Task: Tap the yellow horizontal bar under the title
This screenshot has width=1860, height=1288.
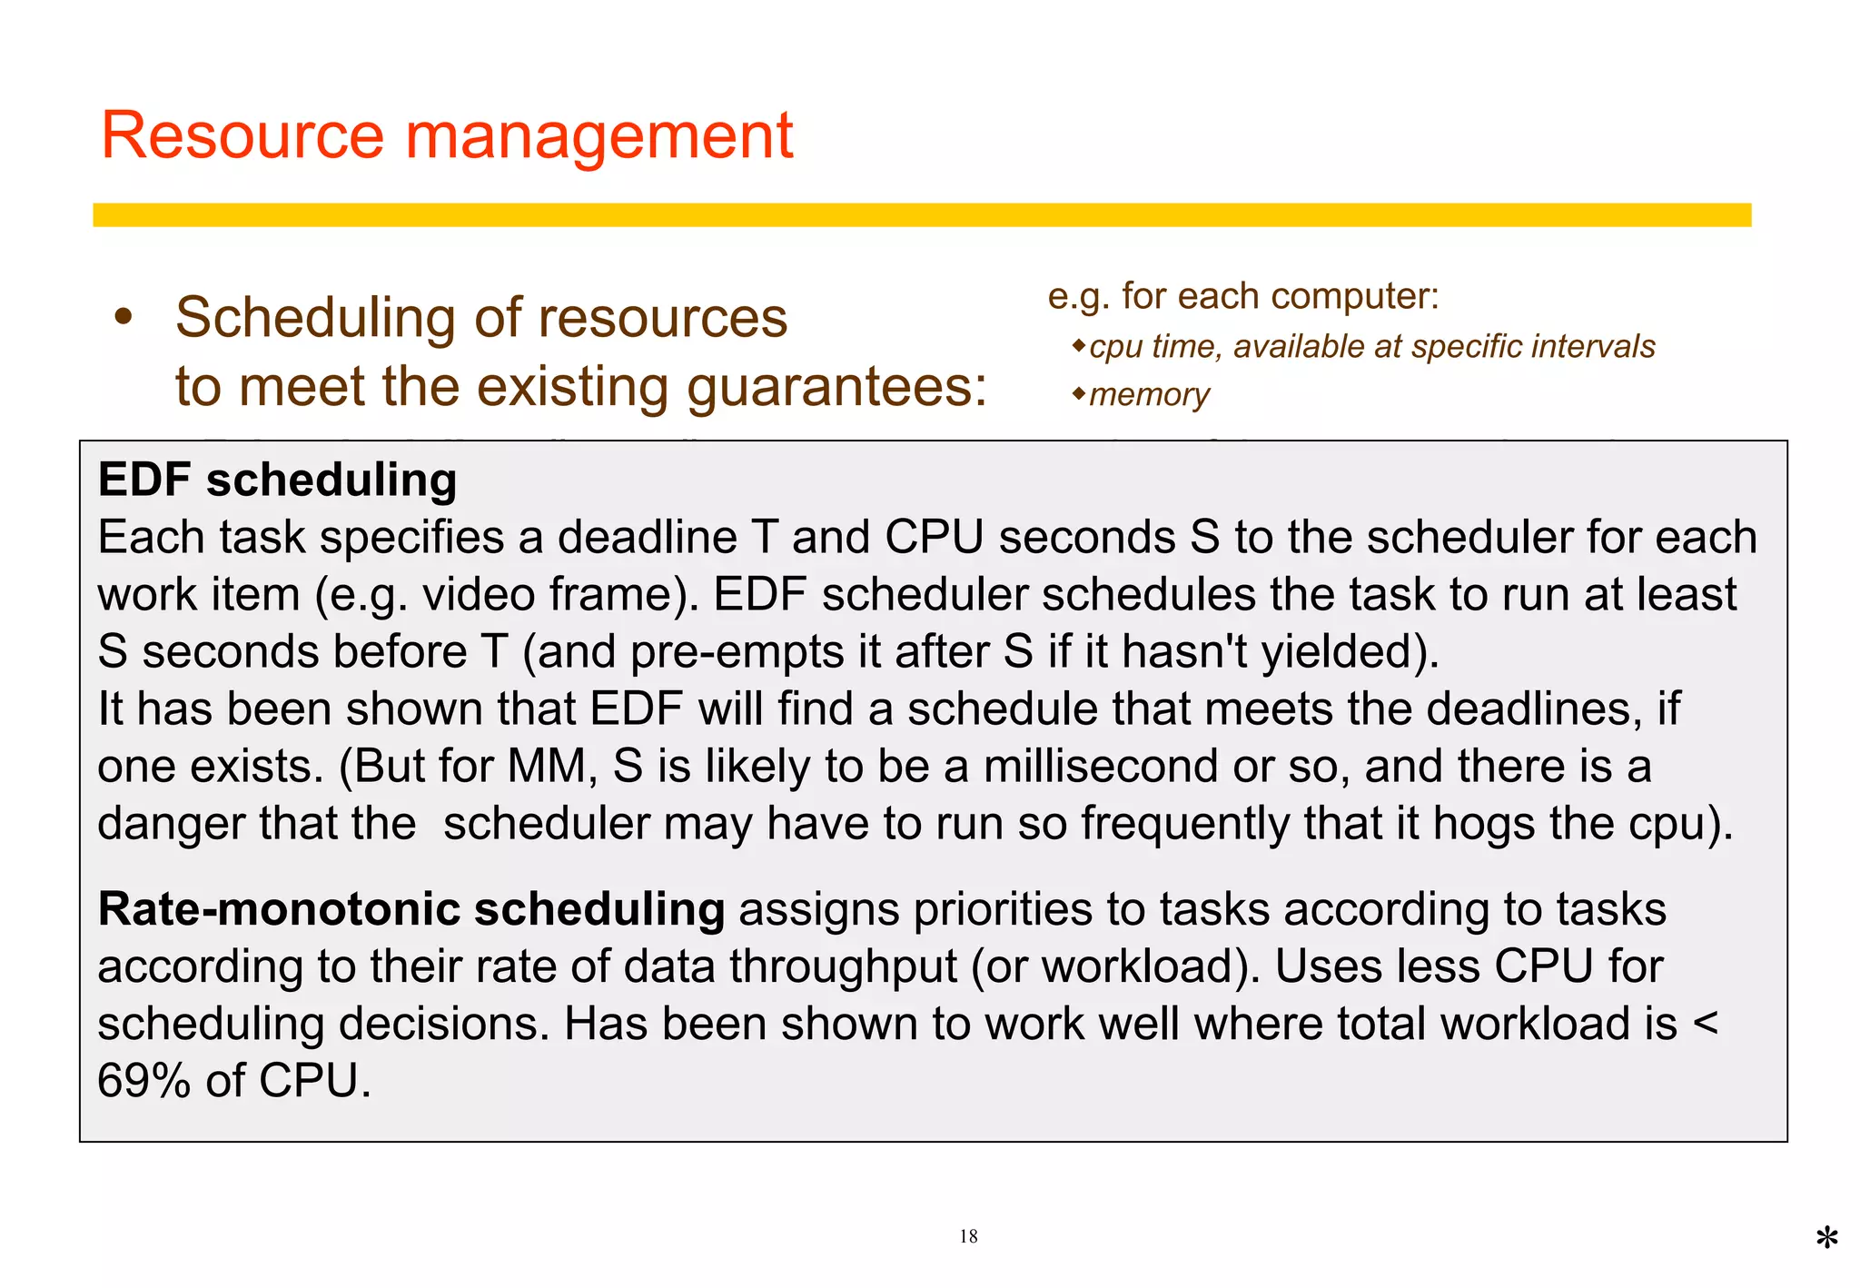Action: [x=921, y=215]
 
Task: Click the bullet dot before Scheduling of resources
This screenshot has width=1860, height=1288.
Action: [x=124, y=318]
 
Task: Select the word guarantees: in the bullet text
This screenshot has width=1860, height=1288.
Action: [x=836, y=388]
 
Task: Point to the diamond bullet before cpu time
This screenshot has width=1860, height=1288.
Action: [x=1078, y=345]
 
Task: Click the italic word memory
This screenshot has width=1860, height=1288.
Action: [x=1149, y=395]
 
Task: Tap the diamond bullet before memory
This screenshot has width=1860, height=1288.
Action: [x=1078, y=393]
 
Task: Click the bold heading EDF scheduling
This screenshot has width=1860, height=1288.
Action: [x=277, y=480]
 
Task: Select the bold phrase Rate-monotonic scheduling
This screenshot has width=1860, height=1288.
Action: [x=411, y=909]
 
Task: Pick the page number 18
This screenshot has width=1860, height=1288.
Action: [x=968, y=1236]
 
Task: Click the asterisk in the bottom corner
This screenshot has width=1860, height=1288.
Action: [x=1827, y=1239]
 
